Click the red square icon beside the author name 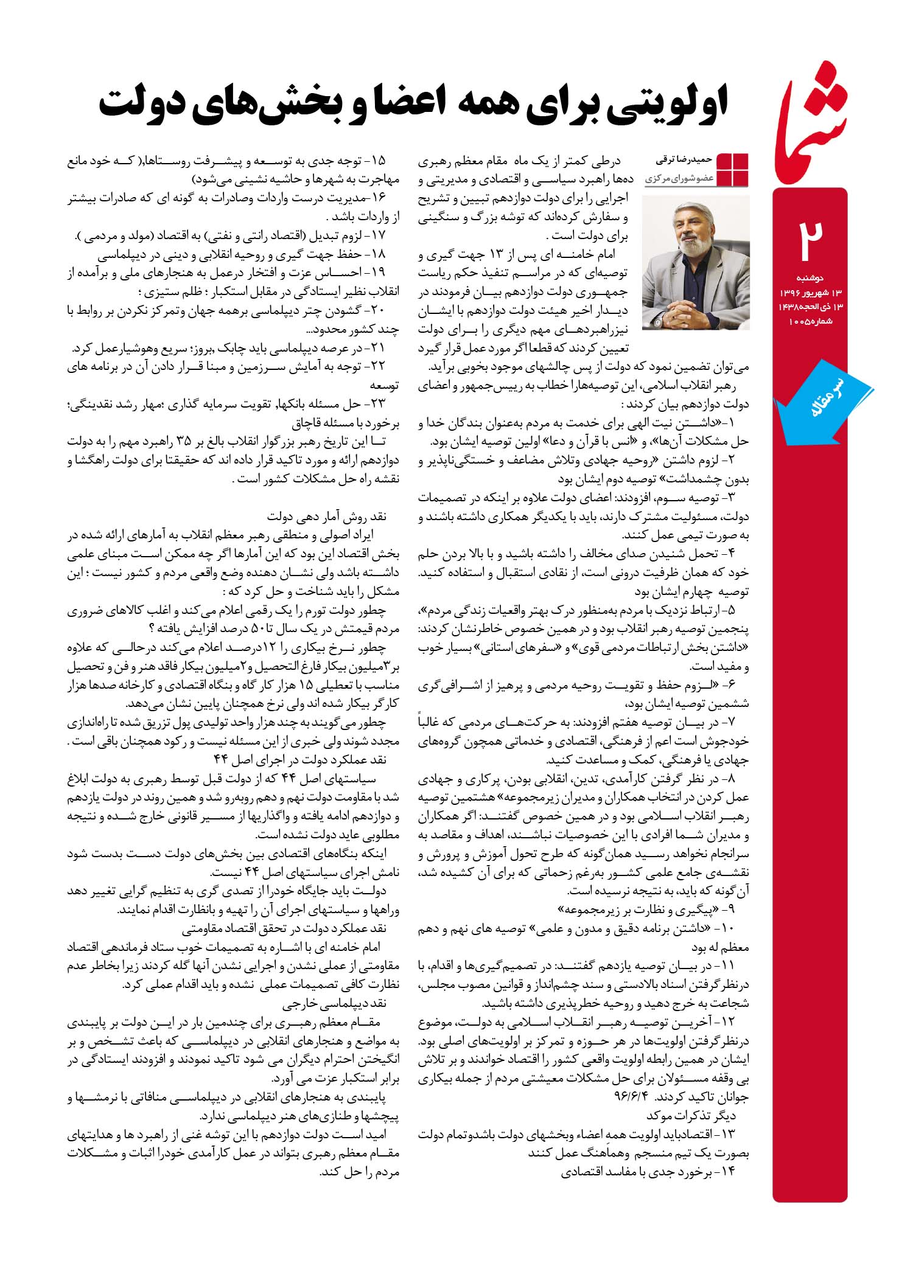(733, 170)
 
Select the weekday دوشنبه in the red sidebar (810, 281)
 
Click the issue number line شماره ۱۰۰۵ (810, 321)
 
